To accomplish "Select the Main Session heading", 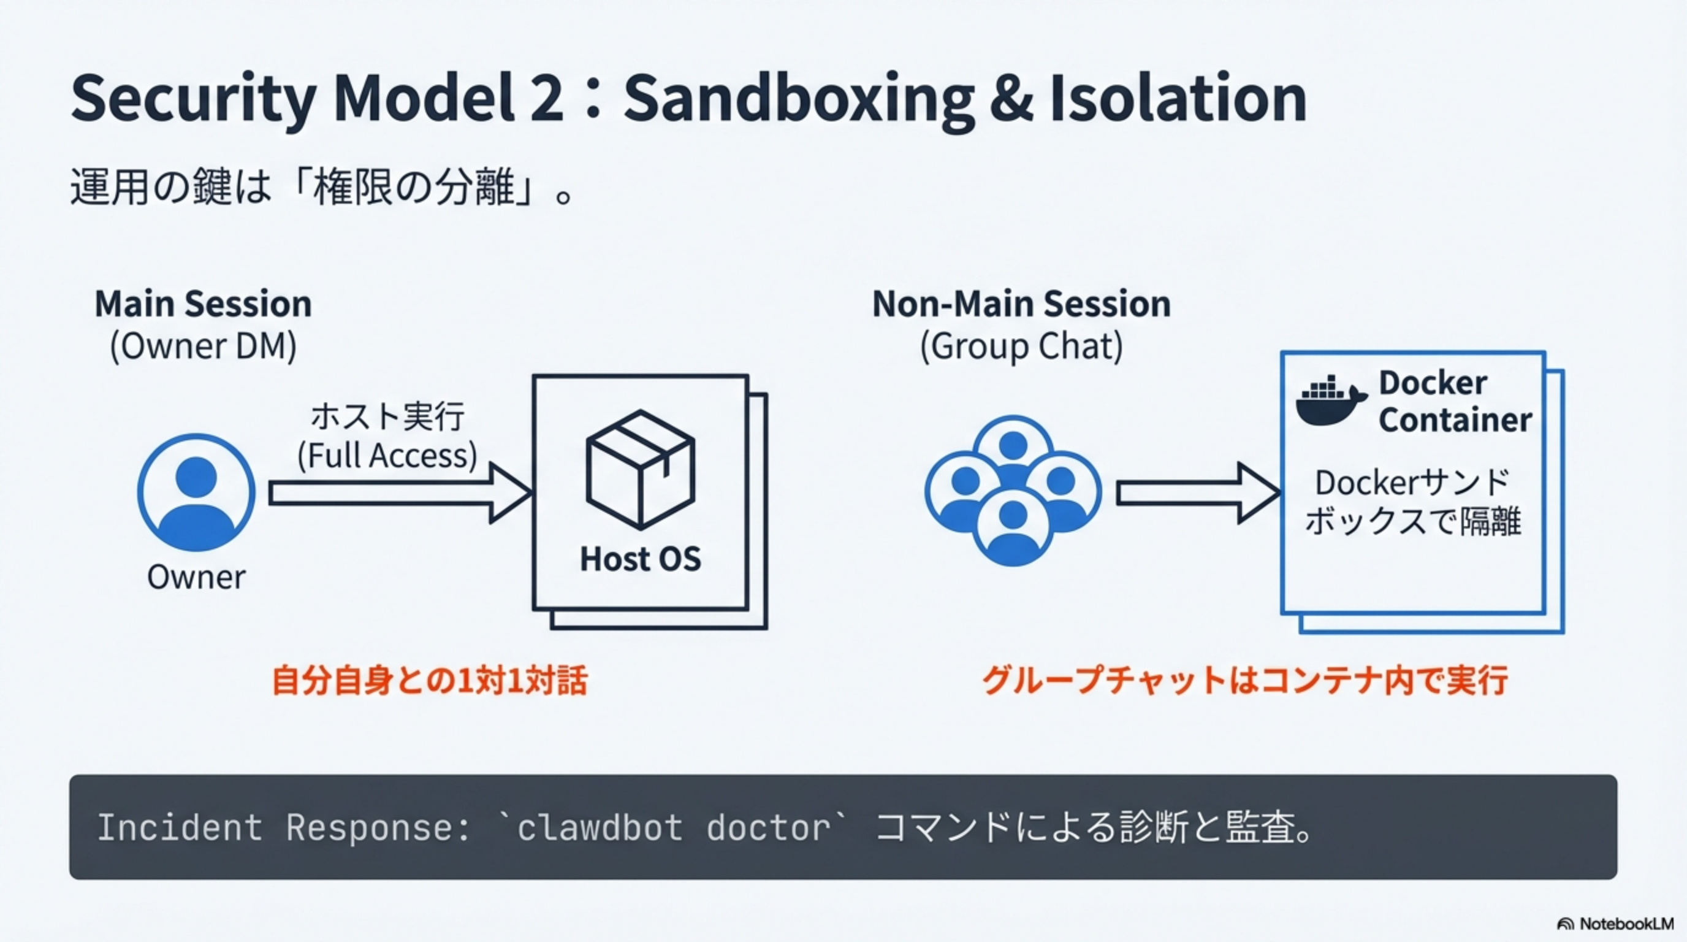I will coord(203,304).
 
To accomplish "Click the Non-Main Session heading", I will coord(1021,304).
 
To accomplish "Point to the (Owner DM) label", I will coord(203,346).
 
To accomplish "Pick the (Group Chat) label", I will coord(1021,346).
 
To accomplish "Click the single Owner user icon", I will coord(196,492).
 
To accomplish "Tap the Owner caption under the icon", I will coord(196,577).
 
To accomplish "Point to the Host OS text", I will coord(640,559).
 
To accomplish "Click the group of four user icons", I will coord(1013,491).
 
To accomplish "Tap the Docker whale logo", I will coord(1330,401).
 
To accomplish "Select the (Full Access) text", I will coord(387,455).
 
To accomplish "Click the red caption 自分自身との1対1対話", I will coord(430,680).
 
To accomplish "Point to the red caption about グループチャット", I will coord(1244,680).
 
